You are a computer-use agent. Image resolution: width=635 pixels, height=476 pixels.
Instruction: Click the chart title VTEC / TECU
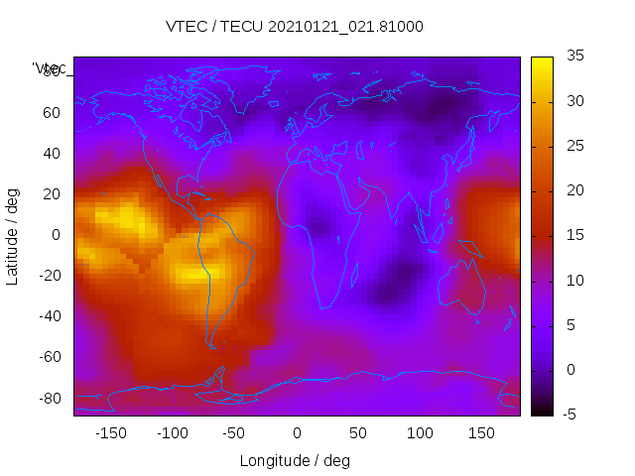pos(294,27)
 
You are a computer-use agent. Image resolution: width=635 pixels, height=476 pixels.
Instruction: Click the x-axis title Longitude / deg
pos(295,460)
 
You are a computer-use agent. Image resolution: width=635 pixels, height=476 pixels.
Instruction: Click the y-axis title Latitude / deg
pos(13,235)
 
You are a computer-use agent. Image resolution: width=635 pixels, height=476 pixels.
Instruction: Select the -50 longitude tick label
pos(234,433)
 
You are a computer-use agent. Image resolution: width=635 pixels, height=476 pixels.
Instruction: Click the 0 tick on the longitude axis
pos(297,433)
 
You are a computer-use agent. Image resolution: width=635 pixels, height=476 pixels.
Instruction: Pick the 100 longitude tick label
pos(420,433)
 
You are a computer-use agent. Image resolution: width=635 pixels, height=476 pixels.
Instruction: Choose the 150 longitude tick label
pos(481,433)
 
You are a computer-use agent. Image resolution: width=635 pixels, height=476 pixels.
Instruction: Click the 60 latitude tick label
pos(51,112)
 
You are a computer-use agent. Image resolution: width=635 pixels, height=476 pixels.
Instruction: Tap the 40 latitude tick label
pos(51,153)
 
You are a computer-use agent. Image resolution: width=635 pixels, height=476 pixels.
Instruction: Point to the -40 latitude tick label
pos(49,316)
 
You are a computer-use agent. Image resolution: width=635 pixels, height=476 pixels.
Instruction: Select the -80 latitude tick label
pos(49,399)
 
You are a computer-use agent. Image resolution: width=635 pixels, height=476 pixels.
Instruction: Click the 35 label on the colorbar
pos(571,57)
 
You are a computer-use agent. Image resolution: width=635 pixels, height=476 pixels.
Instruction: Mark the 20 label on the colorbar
pos(571,190)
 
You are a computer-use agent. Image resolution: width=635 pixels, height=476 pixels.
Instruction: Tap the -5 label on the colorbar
pos(570,415)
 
